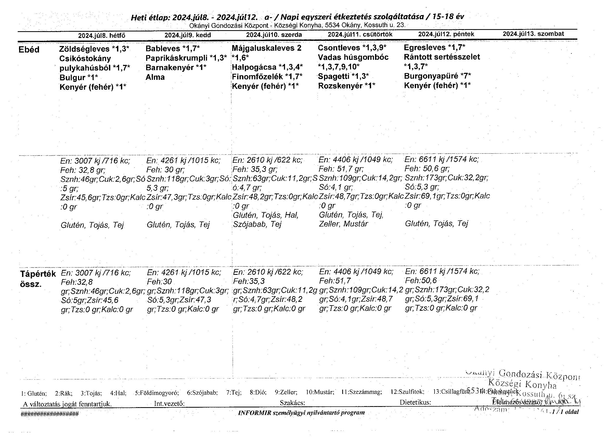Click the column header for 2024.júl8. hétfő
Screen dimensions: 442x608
(x=102, y=35)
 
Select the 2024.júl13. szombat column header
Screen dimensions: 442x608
(x=533, y=34)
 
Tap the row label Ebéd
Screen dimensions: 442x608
(x=29, y=50)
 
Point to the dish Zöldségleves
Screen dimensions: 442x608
(x=85, y=49)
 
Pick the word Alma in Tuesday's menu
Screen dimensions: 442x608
(x=155, y=77)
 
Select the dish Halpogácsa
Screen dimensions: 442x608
(x=254, y=67)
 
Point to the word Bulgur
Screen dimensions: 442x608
(x=72, y=78)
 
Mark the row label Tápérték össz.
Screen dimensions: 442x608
(x=38, y=279)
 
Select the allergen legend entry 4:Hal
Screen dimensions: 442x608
(x=118, y=393)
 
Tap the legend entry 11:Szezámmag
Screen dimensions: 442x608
(x=361, y=392)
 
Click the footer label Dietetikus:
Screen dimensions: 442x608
(x=415, y=402)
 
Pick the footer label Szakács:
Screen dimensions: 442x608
(x=293, y=403)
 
